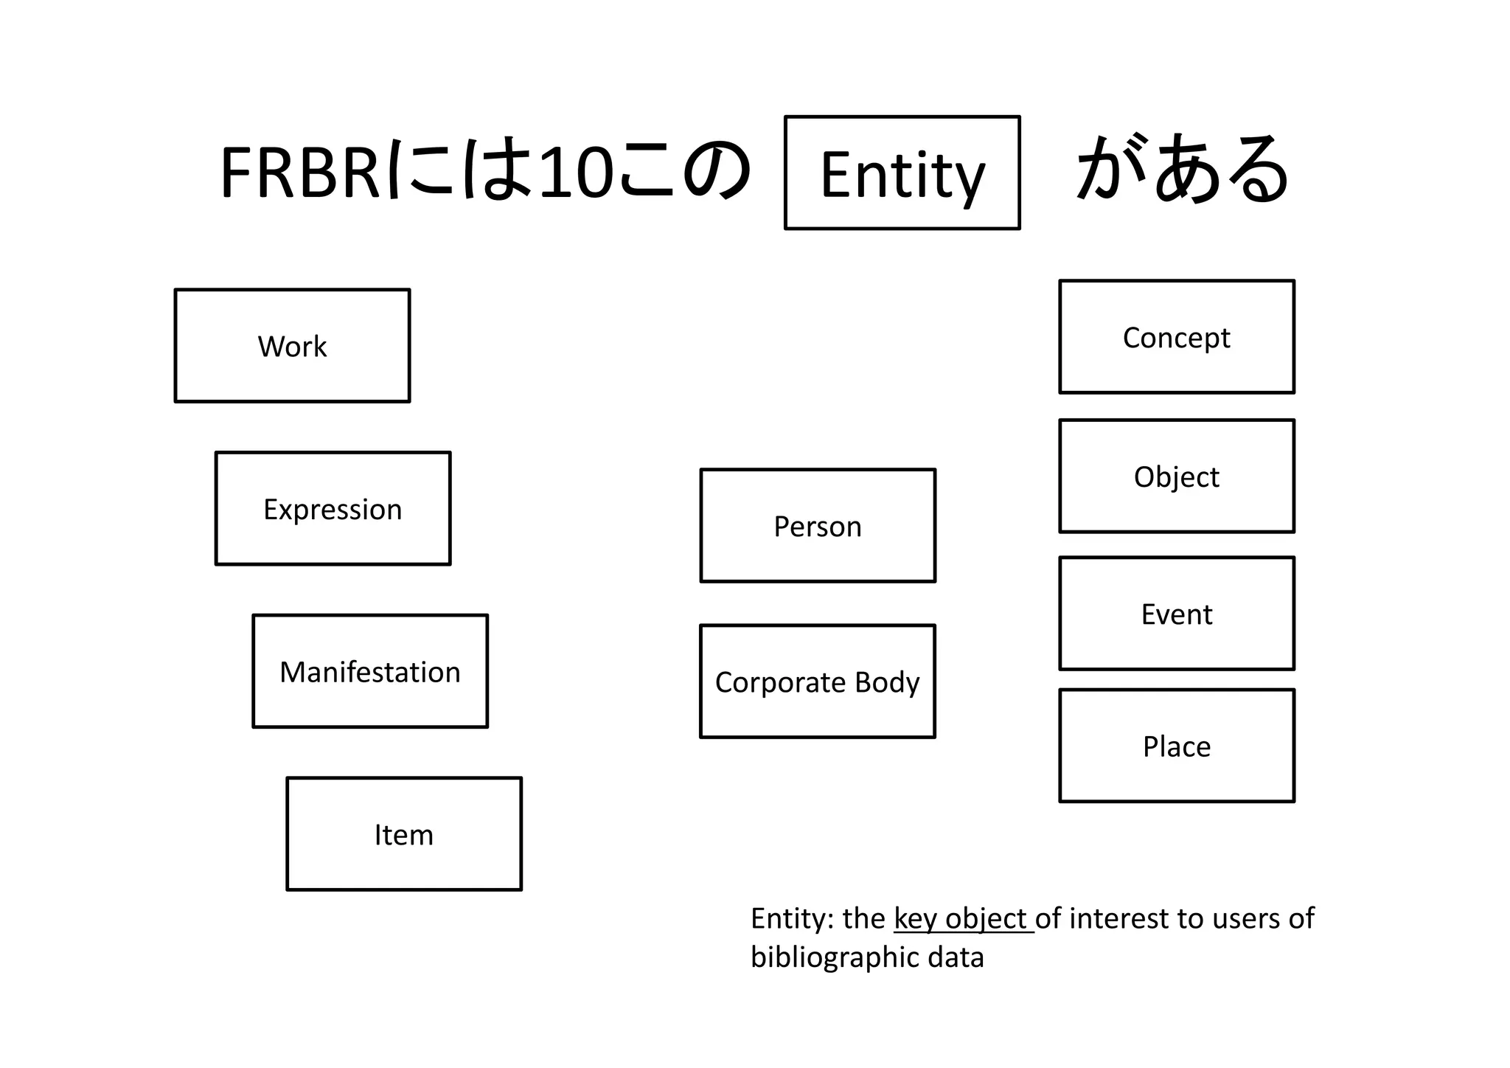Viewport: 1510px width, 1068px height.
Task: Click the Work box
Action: pyautogui.click(x=292, y=346)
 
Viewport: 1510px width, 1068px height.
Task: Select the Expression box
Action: pyautogui.click(x=333, y=509)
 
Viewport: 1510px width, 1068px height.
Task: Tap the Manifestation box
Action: pyautogui.click(x=370, y=672)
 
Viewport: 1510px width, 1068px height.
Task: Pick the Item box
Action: pyautogui.click(x=404, y=834)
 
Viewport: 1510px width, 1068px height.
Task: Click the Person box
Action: pyautogui.click(x=818, y=526)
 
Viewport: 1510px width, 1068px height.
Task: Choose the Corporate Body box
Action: pyautogui.click(x=818, y=682)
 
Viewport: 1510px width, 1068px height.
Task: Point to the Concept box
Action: pyautogui.click(x=1177, y=337)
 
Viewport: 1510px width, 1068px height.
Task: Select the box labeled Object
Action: pyautogui.click(x=1177, y=476)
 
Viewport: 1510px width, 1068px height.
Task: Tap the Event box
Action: pyautogui.click(x=1177, y=614)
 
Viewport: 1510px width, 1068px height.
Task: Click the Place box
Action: pyautogui.click(x=1177, y=746)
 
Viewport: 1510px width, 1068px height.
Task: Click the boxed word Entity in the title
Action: pyautogui.click(x=902, y=173)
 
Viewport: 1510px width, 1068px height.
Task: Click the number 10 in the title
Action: pyautogui.click(x=576, y=174)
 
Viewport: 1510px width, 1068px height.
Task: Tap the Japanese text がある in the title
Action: pyautogui.click(x=1183, y=170)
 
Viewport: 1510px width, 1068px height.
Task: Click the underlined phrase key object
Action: pyautogui.click(x=962, y=919)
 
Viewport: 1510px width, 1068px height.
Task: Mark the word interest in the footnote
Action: pyautogui.click(x=1118, y=919)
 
